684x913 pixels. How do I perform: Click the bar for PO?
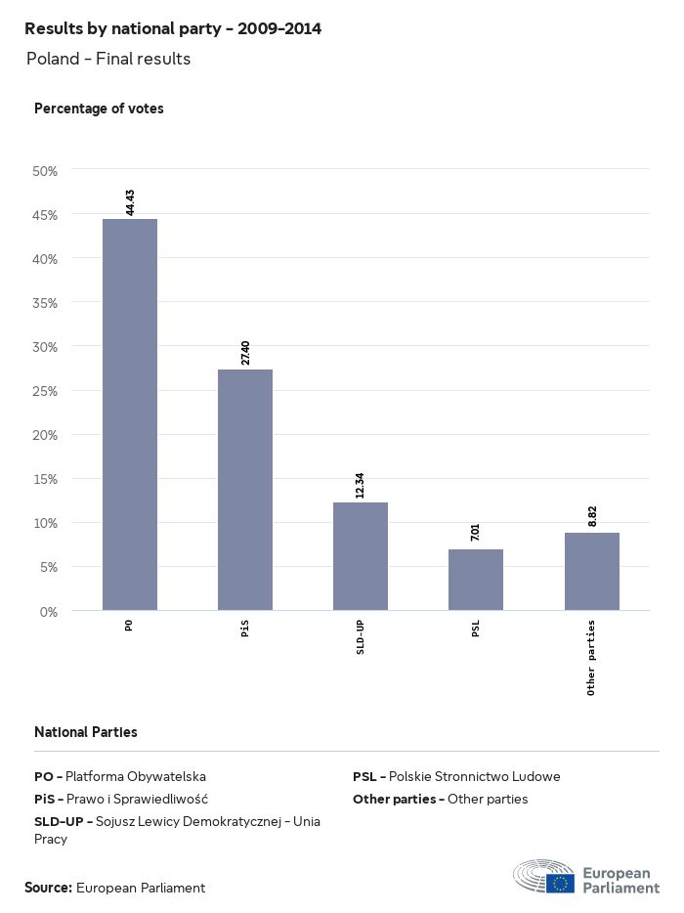click(x=129, y=414)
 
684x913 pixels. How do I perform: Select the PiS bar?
click(x=244, y=490)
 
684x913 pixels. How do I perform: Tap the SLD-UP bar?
click(x=360, y=556)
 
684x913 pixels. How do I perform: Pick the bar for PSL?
click(x=475, y=580)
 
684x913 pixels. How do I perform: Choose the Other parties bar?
click(x=591, y=572)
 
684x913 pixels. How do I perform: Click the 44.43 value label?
click(x=130, y=201)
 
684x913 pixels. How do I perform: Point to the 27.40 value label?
click(x=245, y=353)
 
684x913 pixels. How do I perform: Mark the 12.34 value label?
click(x=361, y=485)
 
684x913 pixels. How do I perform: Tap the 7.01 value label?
click(x=476, y=533)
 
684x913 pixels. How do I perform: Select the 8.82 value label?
click(x=592, y=516)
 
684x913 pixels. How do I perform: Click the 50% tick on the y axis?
click(x=46, y=171)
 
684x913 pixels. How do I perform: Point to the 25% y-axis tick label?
click(x=46, y=391)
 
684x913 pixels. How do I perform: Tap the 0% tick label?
click(x=49, y=612)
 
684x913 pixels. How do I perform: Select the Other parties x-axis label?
click(x=592, y=657)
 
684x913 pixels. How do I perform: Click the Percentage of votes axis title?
click(x=99, y=109)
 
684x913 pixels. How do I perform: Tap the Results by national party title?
click(x=173, y=29)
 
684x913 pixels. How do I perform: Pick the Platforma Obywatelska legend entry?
click(x=120, y=777)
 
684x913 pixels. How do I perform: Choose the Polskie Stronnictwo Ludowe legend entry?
click(x=456, y=777)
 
